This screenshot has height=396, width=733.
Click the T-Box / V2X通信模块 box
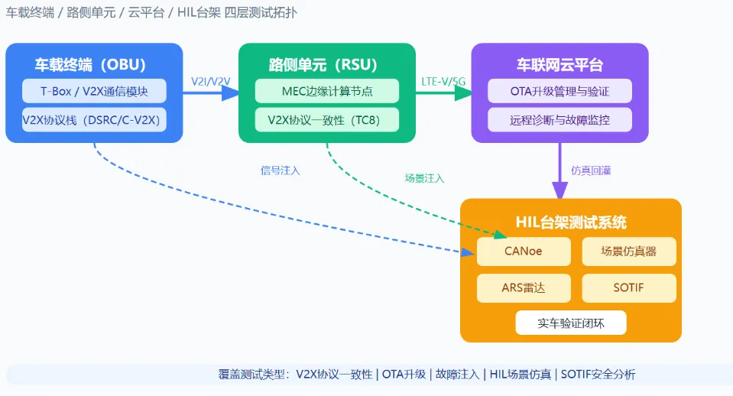tap(94, 91)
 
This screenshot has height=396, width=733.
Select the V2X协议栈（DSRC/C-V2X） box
tap(94, 120)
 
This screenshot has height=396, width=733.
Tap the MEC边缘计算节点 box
tap(327, 91)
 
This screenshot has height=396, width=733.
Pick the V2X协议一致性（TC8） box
tap(327, 120)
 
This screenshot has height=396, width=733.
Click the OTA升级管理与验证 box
tap(559, 91)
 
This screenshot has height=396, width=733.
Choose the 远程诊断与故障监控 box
tap(559, 120)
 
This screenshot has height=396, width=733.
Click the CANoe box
tap(524, 252)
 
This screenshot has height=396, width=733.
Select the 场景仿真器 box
tap(629, 252)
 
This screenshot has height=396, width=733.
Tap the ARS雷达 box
tap(524, 288)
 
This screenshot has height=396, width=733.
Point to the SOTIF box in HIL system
tap(629, 288)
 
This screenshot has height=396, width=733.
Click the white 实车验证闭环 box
tap(571, 323)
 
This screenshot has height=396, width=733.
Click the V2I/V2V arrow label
tap(210, 81)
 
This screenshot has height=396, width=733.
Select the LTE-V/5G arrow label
tap(443, 81)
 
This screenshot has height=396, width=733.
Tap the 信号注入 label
tap(280, 170)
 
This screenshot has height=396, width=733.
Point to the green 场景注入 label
tap(424, 178)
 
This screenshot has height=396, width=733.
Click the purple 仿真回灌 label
tap(591, 170)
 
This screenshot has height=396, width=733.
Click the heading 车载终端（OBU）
tap(90, 64)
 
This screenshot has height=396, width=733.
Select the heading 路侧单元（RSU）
tap(323, 64)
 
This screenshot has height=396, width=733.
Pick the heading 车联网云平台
tap(559, 64)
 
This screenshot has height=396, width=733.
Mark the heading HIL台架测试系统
tap(571, 222)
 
